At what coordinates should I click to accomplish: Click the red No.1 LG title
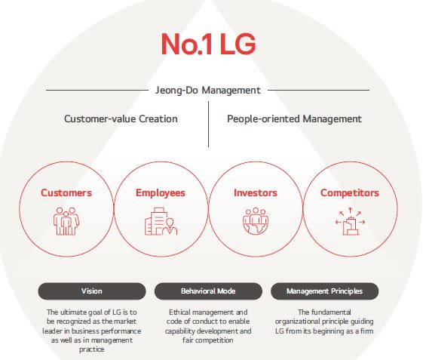(x=208, y=44)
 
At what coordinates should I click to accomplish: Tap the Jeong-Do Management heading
(x=208, y=91)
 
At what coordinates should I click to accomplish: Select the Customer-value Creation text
(x=121, y=118)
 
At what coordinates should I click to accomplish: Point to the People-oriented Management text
(x=294, y=118)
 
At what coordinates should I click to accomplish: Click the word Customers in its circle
(x=66, y=192)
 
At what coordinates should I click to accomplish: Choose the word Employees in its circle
(x=161, y=192)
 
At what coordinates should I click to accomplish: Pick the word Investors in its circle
(x=256, y=192)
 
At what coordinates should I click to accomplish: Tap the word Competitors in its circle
(x=350, y=192)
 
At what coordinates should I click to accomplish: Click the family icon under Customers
(x=66, y=221)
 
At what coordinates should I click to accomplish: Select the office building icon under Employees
(x=161, y=221)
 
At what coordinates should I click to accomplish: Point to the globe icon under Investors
(x=256, y=221)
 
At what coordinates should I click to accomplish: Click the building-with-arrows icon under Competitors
(x=350, y=221)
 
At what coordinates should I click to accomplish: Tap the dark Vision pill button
(x=92, y=291)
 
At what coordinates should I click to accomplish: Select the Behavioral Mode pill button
(x=208, y=291)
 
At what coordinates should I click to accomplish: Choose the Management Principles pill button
(x=324, y=291)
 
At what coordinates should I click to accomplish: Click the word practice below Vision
(x=92, y=349)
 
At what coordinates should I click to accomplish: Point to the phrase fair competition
(x=207, y=340)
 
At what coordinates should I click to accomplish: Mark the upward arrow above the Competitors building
(x=350, y=211)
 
